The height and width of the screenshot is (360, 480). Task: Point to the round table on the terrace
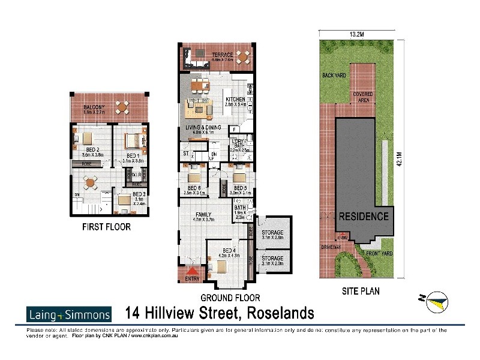[x=243, y=58]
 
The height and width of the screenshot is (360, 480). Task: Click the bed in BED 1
[x=133, y=142]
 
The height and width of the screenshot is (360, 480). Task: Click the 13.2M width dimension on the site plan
[x=359, y=34]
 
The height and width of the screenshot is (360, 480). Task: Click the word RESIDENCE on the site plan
[x=364, y=216]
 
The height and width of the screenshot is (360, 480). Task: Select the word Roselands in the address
[x=280, y=313]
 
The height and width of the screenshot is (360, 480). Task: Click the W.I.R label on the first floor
[x=135, y=175]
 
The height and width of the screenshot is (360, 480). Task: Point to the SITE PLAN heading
[x=361, y=292]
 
